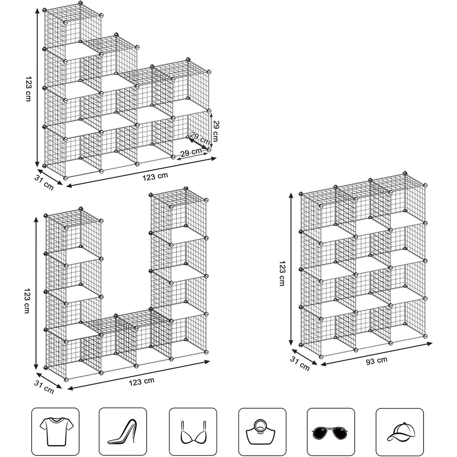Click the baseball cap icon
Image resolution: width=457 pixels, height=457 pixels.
coord(400,432)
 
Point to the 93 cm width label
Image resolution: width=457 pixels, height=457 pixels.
coord(377,361)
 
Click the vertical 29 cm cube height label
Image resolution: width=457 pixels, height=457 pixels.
coord(215,131)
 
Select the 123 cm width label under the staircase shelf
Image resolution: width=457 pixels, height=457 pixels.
coord(155,176)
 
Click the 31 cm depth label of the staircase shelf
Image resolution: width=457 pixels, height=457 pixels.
coord(44,183)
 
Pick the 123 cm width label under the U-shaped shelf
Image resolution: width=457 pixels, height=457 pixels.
coord(141,381)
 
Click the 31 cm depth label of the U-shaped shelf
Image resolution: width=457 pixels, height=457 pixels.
coord(44,387)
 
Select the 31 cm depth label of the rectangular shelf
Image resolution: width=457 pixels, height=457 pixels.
coord(300,364)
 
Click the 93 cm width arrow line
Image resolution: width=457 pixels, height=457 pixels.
coord(377,354)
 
